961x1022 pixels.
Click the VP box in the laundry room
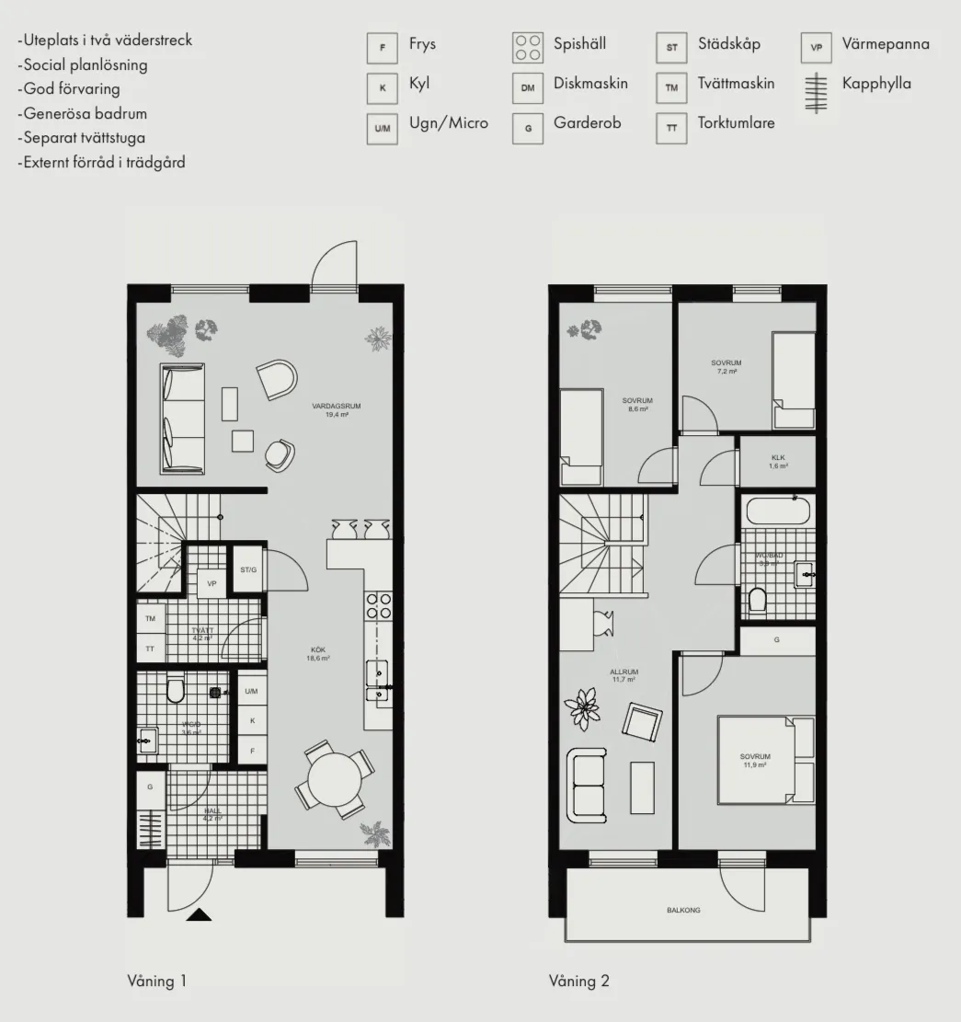(212, 584)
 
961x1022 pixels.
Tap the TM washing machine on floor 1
(150, 619)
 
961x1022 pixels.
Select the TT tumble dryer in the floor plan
(150, 648)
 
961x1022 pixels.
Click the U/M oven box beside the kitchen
(251, 691)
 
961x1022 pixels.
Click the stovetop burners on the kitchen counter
(379, 607)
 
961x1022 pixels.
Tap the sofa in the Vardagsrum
(182, 419)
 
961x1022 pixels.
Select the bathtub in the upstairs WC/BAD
(778, 511)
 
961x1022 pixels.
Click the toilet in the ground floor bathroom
(175, 690)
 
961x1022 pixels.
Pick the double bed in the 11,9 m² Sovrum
(766, 760)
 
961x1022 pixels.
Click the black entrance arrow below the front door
(199, 913)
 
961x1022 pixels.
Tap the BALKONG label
(683, 910)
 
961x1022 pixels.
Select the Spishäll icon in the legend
(528, 48)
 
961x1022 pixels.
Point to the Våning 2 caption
(579, 982)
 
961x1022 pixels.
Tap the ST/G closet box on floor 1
(248, 570)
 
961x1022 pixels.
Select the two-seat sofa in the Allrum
(589, 785)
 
